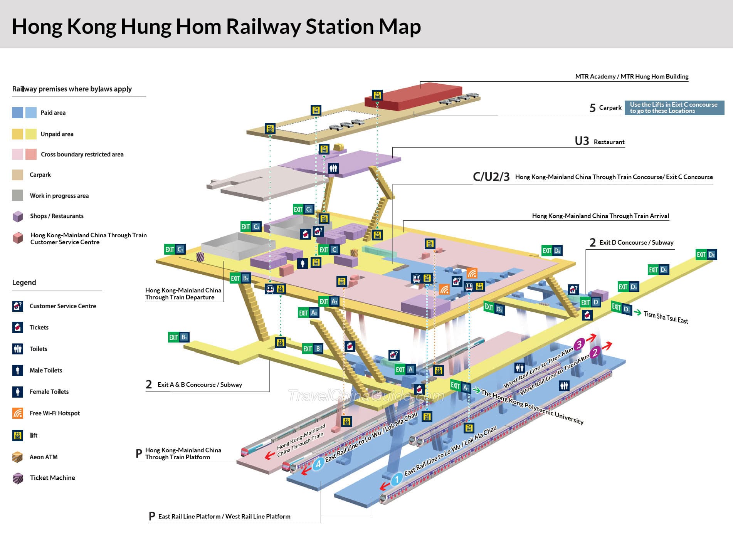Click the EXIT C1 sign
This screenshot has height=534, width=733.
175,249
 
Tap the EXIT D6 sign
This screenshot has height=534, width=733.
552,251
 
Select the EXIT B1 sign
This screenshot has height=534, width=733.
178,337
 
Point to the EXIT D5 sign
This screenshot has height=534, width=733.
706,254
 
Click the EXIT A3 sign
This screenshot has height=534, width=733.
308,312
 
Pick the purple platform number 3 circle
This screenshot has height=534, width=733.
579,344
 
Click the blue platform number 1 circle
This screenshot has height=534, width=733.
397,480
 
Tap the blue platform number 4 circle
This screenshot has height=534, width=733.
318,464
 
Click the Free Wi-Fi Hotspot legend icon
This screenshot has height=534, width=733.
18,413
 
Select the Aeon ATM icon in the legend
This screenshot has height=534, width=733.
18,457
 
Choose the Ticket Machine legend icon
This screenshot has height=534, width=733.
18,478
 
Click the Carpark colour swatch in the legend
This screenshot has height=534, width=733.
18,175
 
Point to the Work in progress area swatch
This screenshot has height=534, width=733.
18,195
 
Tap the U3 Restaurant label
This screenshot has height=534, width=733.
600,141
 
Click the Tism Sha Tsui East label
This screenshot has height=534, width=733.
666,317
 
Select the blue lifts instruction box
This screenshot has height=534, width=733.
674,107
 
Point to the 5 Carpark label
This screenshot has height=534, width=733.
605,107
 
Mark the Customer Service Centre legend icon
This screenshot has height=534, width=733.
18,306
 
